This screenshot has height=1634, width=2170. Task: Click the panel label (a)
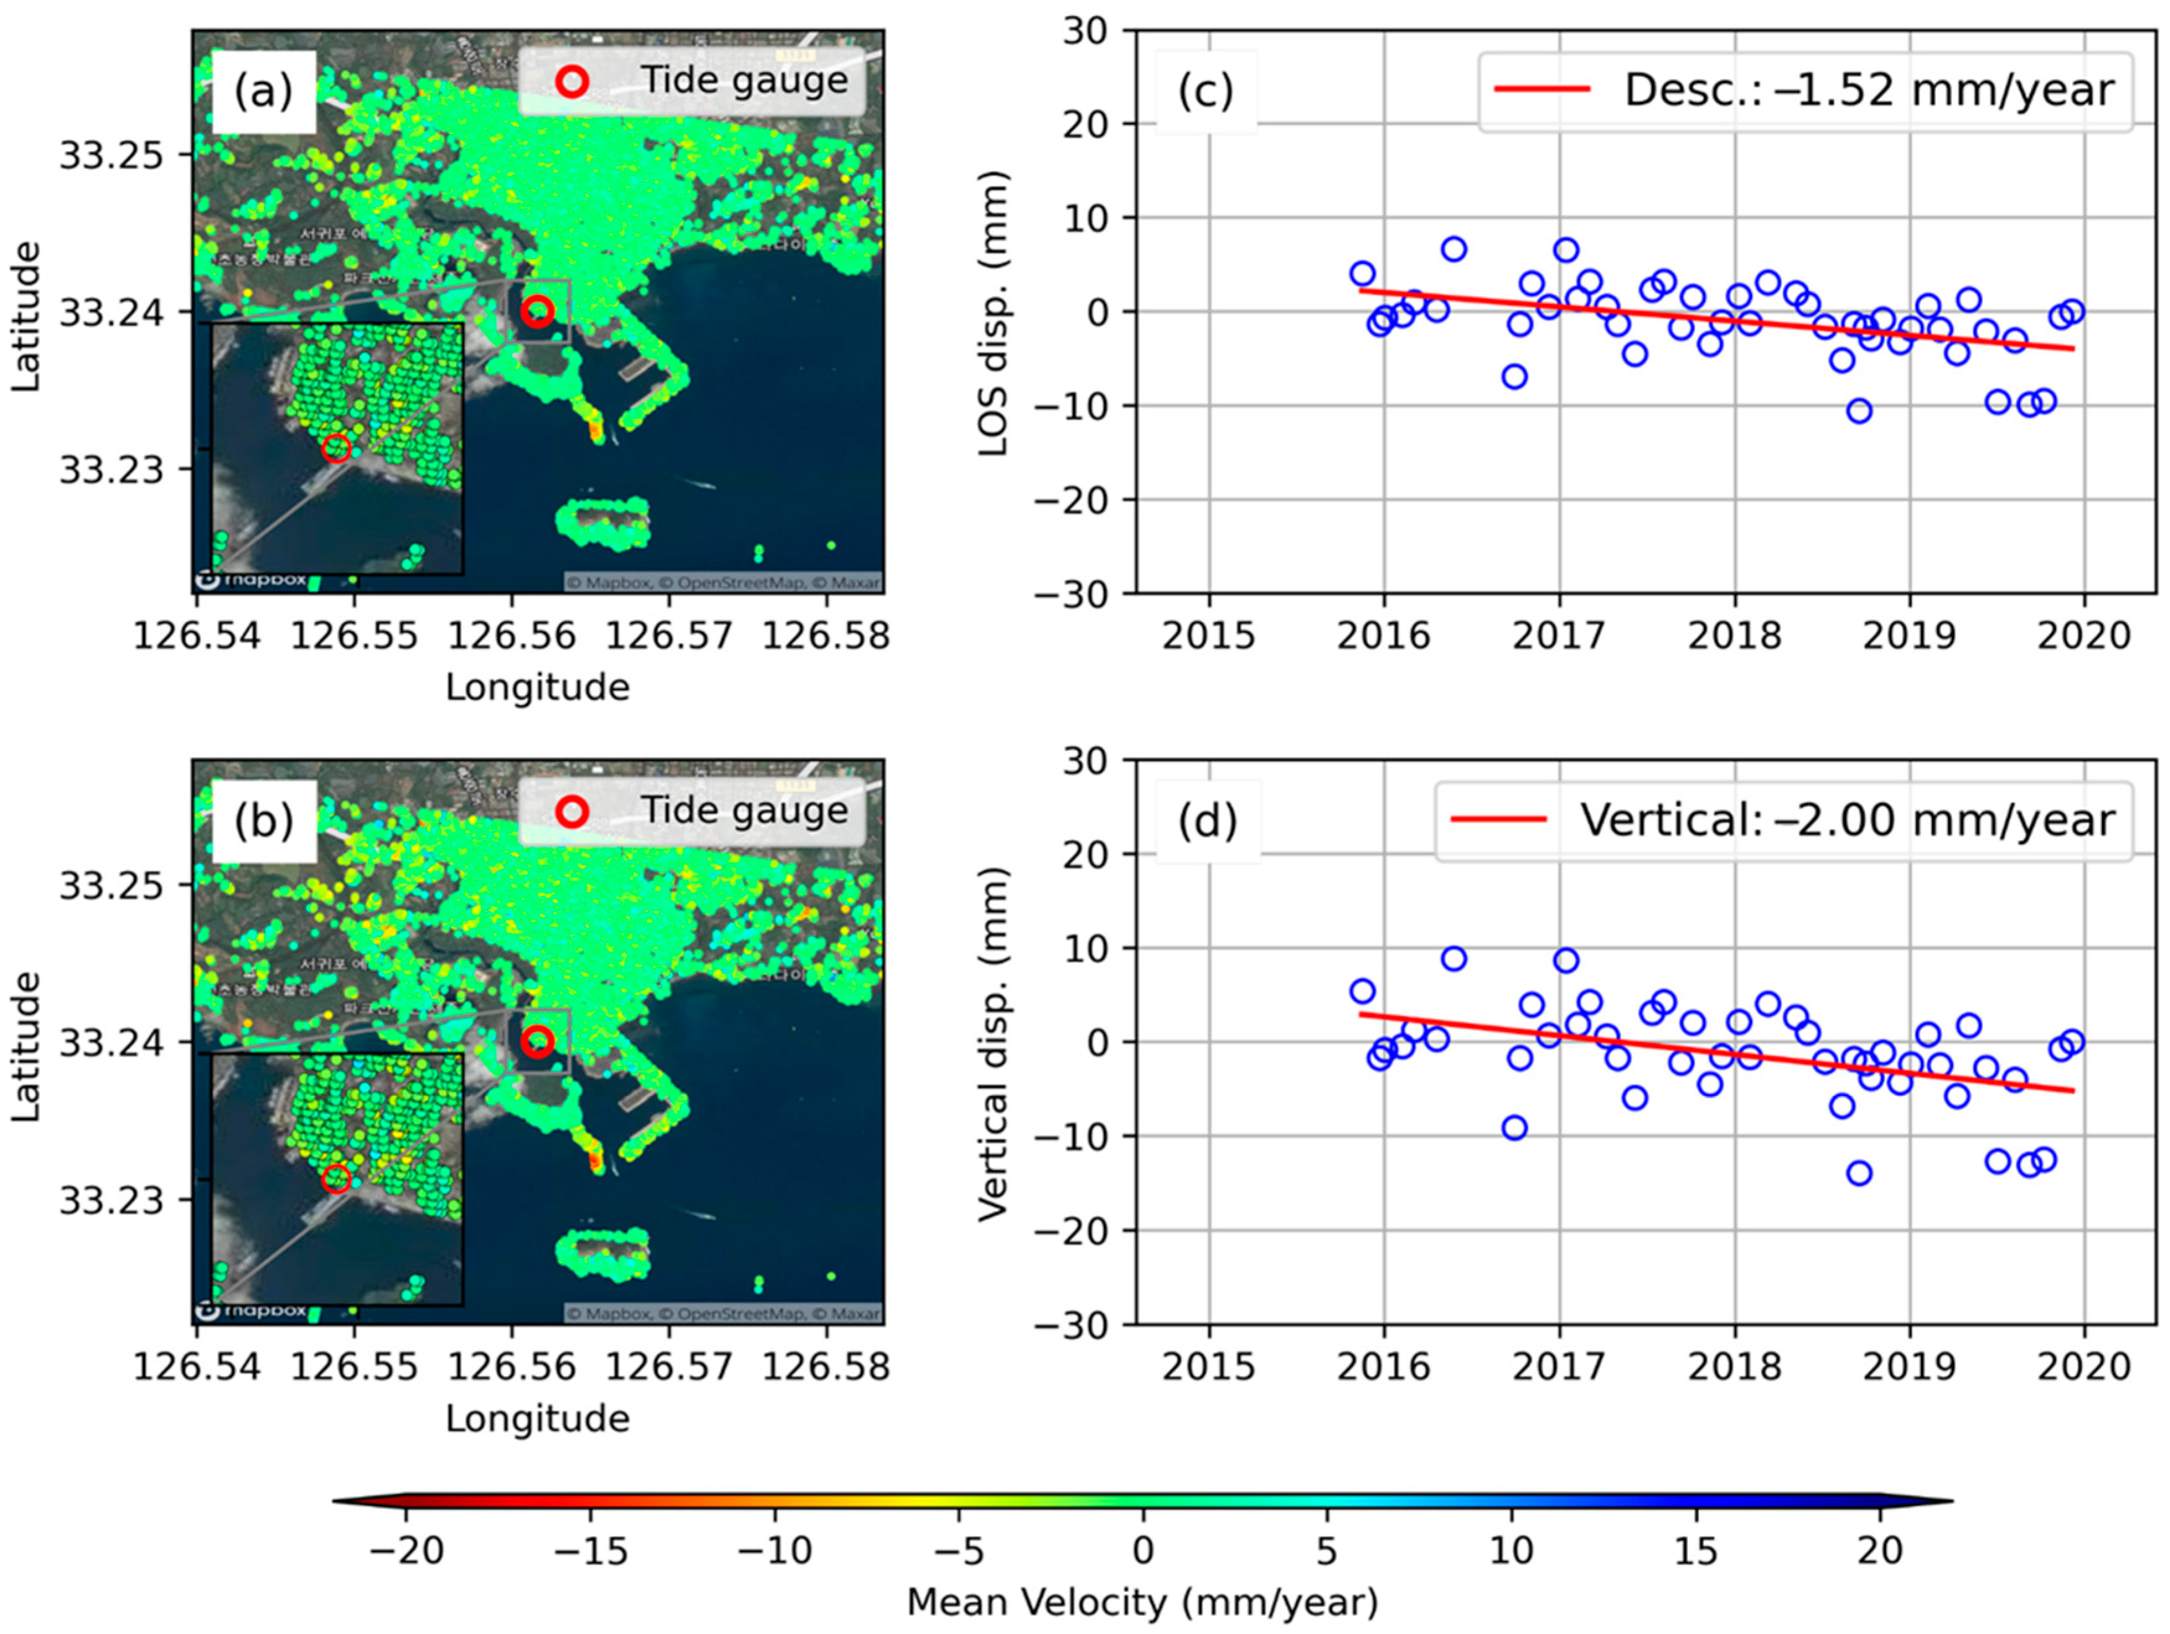click(x=263, y=91)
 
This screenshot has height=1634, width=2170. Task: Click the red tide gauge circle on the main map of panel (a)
click(x=537, y=311)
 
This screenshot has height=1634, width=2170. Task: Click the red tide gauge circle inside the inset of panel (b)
click(x=335, y=1179)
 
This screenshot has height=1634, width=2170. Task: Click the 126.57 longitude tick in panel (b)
click(x=668, y=1366)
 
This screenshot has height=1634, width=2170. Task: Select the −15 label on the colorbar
click(x=591, y=1550)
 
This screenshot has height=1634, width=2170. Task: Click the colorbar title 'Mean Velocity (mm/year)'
click(x=1142, y=1602)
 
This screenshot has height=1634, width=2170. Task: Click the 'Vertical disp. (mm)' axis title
click(x=994, y=1042)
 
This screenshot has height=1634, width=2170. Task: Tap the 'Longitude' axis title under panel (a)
click(x=537, y=687)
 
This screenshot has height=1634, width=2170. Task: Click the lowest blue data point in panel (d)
click(x=1858, y=1173)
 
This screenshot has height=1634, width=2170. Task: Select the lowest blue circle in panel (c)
click(x=1858, y=411)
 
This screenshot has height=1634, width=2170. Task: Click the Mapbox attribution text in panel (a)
click(x=722, y=583)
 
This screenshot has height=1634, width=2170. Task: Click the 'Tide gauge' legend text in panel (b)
click(x=744, y=810)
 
